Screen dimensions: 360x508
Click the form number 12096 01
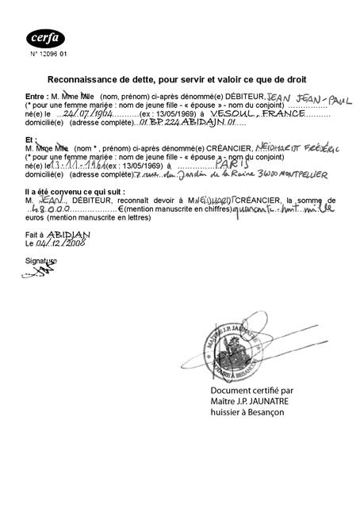49,54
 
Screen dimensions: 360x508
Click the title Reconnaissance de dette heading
177,79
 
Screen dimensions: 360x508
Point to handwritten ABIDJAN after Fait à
64,235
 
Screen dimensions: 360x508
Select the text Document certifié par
252,390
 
